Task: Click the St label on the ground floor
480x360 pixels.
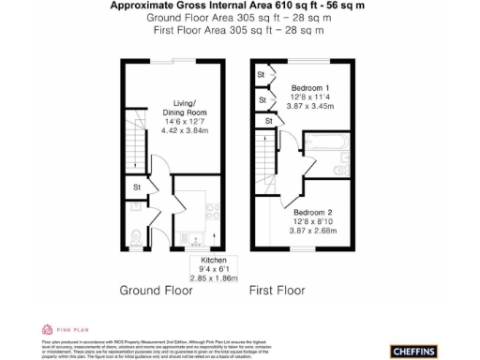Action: point(136,187)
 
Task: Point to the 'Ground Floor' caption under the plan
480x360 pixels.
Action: point(157,291)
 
